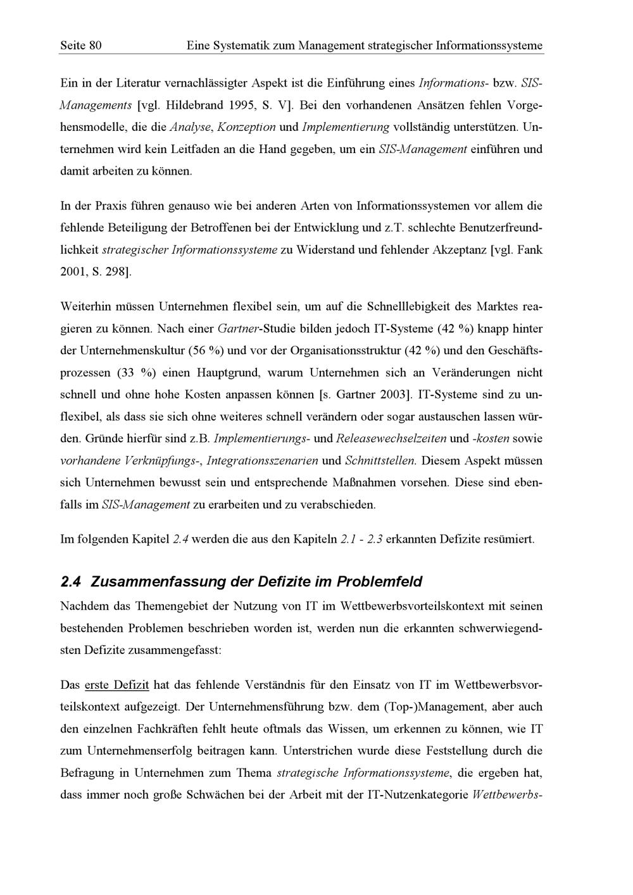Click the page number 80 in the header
coord(95,46)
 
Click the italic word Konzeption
coord(246,127)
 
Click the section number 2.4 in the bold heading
coord(72,581)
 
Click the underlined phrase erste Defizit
coord(116,685)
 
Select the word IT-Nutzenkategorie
coord(417,795)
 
